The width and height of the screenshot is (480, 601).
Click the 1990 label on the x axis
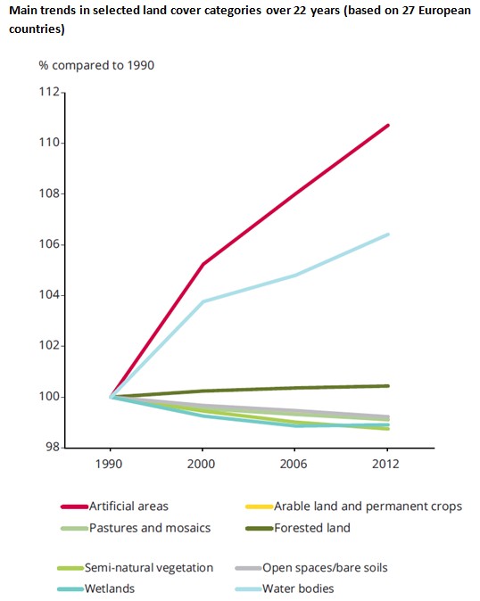pyautogui.click(x=111, y=465)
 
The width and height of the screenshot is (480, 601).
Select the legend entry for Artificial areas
pyautogui.click(x=128, y=506)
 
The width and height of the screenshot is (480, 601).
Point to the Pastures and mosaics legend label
pyautogui.click(x=148, y=527)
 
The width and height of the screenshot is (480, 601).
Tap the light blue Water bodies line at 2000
pyautogui.click(x=203, y=301)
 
